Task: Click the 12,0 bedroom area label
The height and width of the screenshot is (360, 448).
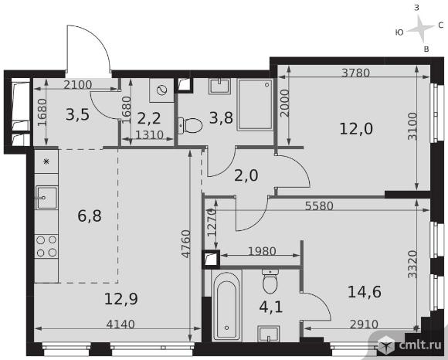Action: click(356, 129)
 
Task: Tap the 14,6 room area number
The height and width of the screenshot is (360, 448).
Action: click(365, 292)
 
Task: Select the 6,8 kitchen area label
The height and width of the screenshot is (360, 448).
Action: click(90, 216)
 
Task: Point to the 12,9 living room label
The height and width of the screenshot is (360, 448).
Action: click(120, 299)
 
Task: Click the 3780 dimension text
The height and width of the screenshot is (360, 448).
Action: click(356, 73)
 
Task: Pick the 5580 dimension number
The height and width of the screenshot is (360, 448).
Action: click(319, 205)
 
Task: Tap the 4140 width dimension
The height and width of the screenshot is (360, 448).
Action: click(120, 324)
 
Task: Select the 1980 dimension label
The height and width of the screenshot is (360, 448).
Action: click(262, 251)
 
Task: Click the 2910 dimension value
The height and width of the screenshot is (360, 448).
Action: click(364, 324)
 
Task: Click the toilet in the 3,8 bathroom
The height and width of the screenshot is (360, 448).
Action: click(190, 125)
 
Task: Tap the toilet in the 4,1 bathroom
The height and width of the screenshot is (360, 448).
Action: click(270, 280)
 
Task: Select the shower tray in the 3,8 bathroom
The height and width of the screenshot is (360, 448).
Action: click(255, 105)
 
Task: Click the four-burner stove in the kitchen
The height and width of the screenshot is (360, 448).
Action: click(46, 246)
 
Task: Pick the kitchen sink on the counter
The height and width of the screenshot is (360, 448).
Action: click(46, 198)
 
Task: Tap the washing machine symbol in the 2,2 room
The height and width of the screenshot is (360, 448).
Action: click(161, 90)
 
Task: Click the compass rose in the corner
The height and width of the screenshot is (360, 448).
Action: click(420, 29)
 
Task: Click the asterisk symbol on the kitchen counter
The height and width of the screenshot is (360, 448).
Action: click(46, 161)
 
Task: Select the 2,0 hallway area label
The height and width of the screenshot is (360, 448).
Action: click(246, 175)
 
